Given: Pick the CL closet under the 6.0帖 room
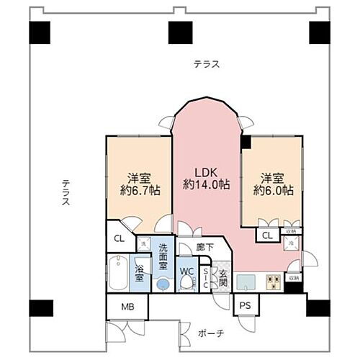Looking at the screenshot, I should click(267, 235).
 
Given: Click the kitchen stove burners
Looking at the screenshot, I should click(274, 282).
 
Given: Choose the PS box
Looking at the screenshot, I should click(246, 306).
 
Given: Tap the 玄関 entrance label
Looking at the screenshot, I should click(223, 276).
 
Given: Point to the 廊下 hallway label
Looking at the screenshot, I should click(203, 247).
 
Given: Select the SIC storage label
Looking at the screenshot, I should click(206, 277).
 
